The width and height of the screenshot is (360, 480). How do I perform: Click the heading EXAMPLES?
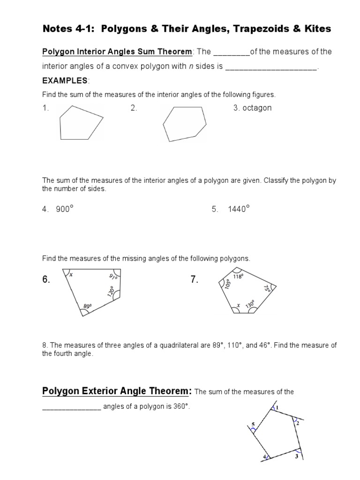click(64, 81)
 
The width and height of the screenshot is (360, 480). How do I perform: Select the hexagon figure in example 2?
click(184, 124)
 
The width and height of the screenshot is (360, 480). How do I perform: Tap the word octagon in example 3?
click(256, 108)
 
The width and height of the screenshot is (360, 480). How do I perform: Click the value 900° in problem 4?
click(65, 210)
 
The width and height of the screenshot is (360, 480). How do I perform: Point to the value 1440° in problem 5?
click(239, 210)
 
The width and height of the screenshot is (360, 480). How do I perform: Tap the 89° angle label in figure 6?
click(87, 306)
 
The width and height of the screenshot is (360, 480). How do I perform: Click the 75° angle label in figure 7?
click(267, 289)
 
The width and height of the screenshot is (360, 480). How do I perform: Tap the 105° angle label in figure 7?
click(228, 284)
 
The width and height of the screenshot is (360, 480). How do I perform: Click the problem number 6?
click(46, 280)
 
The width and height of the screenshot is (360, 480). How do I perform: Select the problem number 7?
click(195, 280)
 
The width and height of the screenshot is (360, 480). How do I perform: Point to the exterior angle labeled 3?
click(296, 456)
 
